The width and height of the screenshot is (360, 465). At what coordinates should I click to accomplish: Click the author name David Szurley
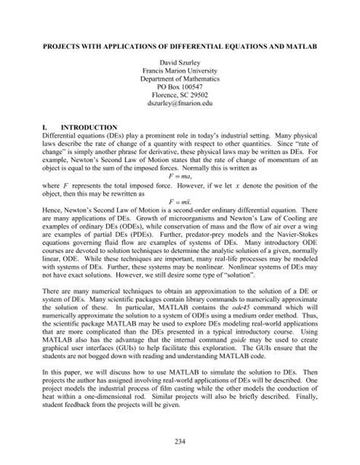[180, 59]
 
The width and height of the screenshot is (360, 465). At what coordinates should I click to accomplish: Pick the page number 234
[180, 441]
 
